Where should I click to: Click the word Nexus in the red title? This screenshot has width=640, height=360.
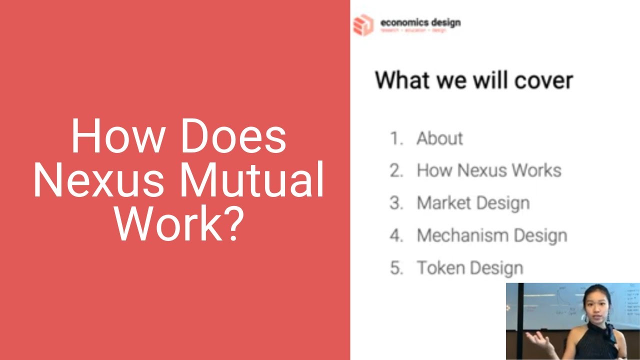pos(98,180)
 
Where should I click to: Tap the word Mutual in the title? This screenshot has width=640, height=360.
pos(251,180)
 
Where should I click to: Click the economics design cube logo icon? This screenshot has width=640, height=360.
pos(363,25)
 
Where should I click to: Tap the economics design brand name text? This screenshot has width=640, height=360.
pos(420,22)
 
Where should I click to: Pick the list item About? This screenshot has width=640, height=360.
pos(439,138)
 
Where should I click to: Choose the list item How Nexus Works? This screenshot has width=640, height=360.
pos(488,170)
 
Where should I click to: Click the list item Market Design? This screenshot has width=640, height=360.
pos(473,203)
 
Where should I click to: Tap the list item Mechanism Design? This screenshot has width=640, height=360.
pos(491,235)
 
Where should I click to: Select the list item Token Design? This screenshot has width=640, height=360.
pos(469,268)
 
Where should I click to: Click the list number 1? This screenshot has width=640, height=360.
pos(396,138)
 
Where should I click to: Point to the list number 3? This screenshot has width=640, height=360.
pos(396,203)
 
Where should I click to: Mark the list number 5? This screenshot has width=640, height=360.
pos(396,268)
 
